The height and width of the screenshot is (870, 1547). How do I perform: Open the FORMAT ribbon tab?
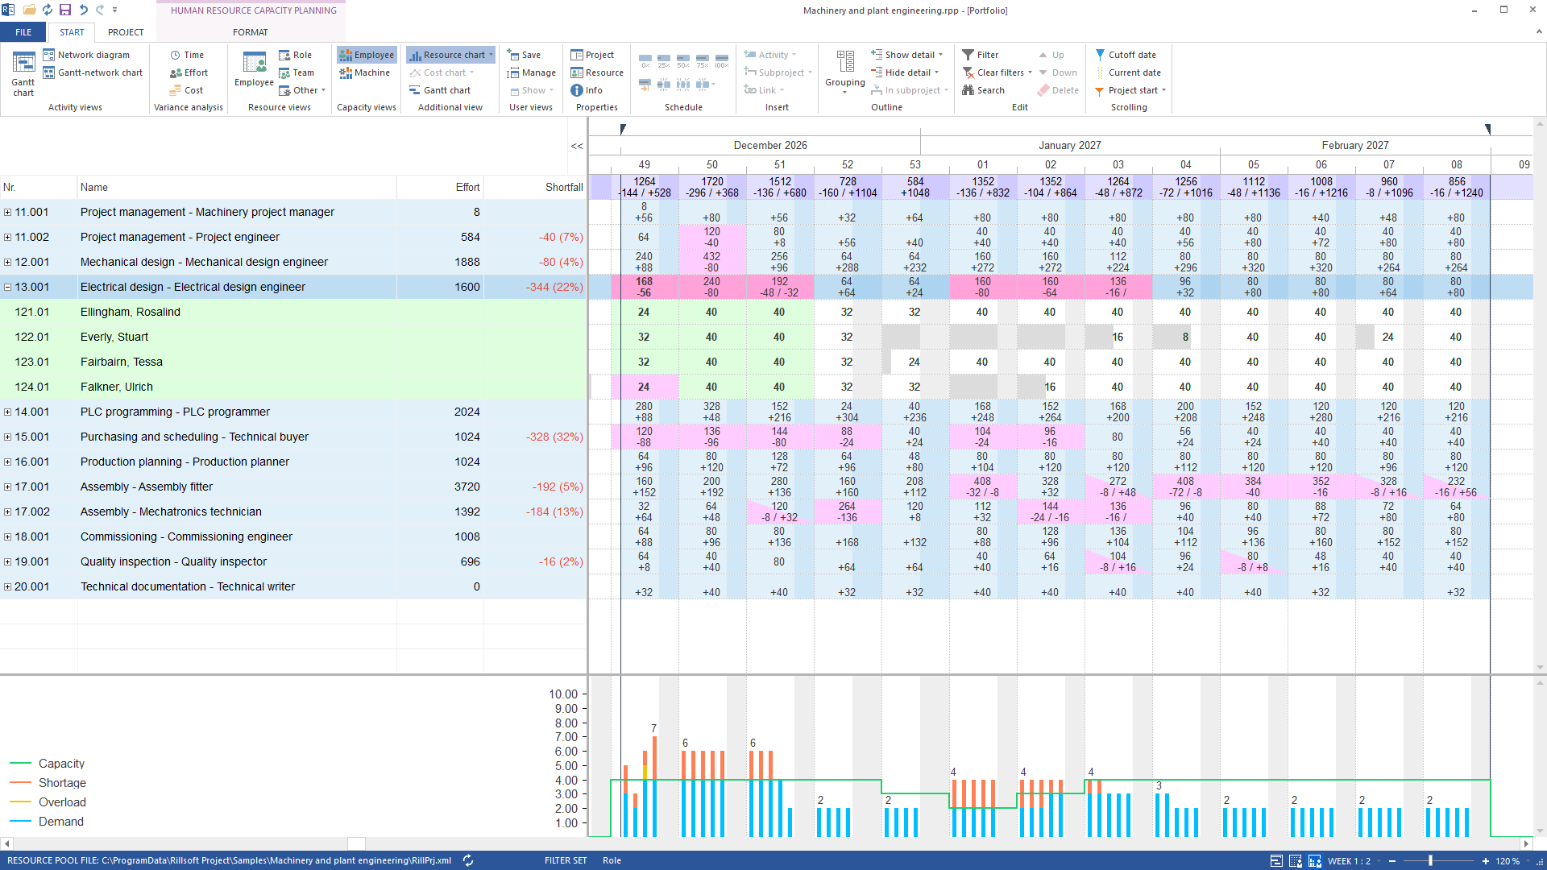[x=251, y=32]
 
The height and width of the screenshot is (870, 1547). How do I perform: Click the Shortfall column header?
[x=564, y=187]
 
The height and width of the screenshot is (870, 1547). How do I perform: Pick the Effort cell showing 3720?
[x=467, y=487]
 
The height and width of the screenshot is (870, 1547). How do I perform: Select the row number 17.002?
[x=32, y=512]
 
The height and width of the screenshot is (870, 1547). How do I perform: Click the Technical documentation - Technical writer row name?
[x=188, y=586]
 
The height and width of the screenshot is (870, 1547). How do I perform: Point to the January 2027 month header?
[x=1069, y=145]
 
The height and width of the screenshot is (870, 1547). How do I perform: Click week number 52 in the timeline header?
[x=848, y=164]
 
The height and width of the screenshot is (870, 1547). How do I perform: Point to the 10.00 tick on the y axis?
[x=563, y=694]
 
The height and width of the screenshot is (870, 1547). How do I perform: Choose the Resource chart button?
[x=450, y=55]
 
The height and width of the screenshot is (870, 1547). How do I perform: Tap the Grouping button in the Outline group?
[x=844, y=72]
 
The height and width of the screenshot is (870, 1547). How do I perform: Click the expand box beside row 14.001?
[x=7, y=412]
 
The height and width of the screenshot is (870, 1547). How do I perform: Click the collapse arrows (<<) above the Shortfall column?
[x=577, y=146]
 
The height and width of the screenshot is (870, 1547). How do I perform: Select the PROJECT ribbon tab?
[x=126, y=32]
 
